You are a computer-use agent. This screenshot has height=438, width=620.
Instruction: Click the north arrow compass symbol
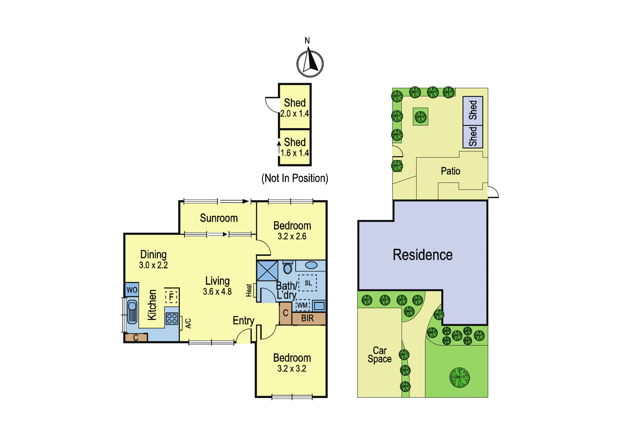310,63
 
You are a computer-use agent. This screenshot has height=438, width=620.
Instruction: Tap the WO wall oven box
132,290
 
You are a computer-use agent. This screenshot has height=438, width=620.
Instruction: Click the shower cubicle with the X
267,271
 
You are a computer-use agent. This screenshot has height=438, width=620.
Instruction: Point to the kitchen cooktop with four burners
172,318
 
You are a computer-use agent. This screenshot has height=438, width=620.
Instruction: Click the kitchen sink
132,312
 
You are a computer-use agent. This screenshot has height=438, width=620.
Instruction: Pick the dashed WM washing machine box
302,305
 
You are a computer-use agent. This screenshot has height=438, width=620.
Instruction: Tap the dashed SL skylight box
308,283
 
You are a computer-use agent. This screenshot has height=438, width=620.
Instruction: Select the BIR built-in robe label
308,318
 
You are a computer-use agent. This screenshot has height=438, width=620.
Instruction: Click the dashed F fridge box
171,297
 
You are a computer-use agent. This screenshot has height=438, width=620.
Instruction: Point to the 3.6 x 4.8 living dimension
217,292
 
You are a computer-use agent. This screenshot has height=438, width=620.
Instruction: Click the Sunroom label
219,218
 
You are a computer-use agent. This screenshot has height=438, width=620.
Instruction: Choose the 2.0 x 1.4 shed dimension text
295,113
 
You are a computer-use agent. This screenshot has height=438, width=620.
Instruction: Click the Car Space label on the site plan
379,355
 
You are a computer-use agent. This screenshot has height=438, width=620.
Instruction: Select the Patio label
450,171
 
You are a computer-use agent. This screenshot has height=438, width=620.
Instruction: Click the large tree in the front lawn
460,378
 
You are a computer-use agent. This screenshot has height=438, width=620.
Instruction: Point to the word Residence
423,255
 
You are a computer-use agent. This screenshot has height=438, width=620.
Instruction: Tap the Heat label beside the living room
249,290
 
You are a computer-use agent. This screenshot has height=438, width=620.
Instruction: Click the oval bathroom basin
312,265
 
